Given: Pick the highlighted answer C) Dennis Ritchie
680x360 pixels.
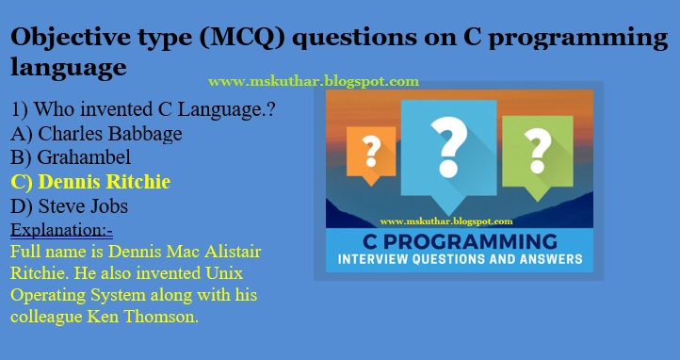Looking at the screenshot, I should point(90,181).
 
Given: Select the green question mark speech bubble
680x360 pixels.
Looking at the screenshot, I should point(538,148).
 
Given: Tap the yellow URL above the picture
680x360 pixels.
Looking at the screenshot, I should point(313,82).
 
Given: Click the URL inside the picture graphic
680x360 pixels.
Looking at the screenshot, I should point(445,220).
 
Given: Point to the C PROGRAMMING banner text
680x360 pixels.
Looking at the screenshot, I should point(459,240).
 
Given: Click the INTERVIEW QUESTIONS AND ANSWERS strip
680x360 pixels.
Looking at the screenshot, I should point(459,259).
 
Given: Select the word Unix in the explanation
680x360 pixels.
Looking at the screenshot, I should point(247,273).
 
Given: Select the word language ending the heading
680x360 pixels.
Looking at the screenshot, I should point(68,68).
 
